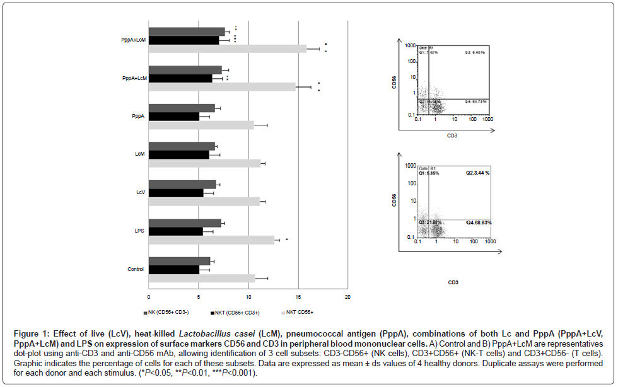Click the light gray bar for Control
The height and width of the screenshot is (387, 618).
202,278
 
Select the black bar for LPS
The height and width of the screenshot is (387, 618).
176,231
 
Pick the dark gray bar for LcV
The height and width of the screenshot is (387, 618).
182,184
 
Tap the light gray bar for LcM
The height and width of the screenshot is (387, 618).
204,163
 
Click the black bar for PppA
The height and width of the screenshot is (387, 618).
174,117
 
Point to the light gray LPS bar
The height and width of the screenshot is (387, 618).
211,240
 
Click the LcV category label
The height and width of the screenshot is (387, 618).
140,192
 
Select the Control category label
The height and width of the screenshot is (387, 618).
136,269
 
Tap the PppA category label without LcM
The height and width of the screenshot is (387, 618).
138,116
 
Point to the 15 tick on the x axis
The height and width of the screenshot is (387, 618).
298,296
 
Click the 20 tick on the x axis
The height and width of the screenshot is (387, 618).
347,296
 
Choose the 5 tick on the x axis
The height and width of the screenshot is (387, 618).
199,296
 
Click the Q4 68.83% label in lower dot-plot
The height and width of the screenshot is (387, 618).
479,222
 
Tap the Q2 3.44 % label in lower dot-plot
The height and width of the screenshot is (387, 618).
478,173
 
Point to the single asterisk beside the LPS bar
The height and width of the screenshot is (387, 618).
286,240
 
